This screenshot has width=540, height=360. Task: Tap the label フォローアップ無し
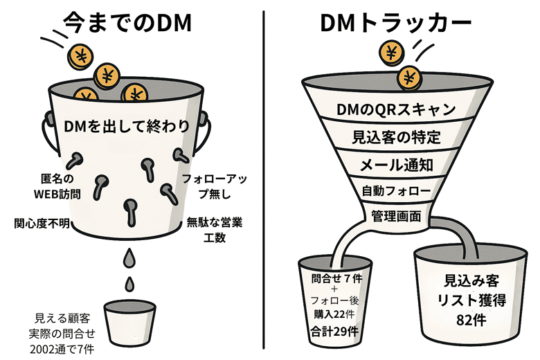(x=212, y=186)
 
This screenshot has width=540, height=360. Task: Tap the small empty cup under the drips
(x=129, y=323)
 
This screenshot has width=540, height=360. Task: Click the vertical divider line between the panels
(x=266, y=180)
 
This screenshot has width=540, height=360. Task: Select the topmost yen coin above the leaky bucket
(x=82, y=53)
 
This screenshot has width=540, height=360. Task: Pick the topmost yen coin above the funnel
(x=393, y=51)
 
